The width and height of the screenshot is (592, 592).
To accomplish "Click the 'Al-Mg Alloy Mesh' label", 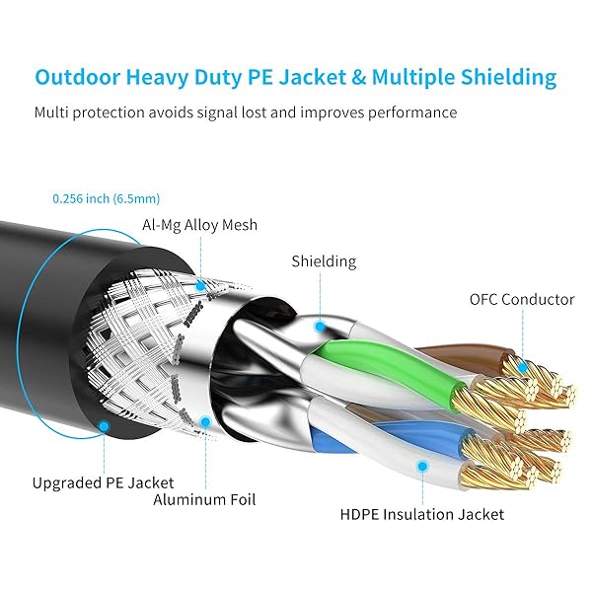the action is point(199,225).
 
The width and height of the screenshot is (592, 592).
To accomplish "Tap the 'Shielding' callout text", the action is point(324,261).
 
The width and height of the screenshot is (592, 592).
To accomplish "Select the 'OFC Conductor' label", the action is point(522,299).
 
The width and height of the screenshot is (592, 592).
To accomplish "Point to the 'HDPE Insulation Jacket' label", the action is point(421,514).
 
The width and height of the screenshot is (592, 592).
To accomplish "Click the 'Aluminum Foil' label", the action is point(204,499).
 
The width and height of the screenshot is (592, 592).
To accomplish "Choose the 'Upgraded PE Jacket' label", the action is point(103,482).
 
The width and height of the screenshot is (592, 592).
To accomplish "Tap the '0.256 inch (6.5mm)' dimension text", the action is point(107,198).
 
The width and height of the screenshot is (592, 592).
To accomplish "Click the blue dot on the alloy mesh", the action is point(201,286).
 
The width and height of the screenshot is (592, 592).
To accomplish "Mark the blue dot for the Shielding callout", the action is point(320,327).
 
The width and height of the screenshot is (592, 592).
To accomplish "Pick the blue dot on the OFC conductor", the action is point(523,367).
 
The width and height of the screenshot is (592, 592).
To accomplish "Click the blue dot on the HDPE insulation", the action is point(423,467).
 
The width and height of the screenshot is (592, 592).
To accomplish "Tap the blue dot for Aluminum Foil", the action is point(205,421).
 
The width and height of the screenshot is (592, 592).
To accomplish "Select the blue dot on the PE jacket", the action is point(104,426).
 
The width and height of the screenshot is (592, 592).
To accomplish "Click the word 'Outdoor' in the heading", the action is point(78,77).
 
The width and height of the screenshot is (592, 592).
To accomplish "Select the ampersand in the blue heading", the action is point(359,77).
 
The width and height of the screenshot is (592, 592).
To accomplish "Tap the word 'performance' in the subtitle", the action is point(412,112).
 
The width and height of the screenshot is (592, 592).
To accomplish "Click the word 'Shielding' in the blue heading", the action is point(508,78).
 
